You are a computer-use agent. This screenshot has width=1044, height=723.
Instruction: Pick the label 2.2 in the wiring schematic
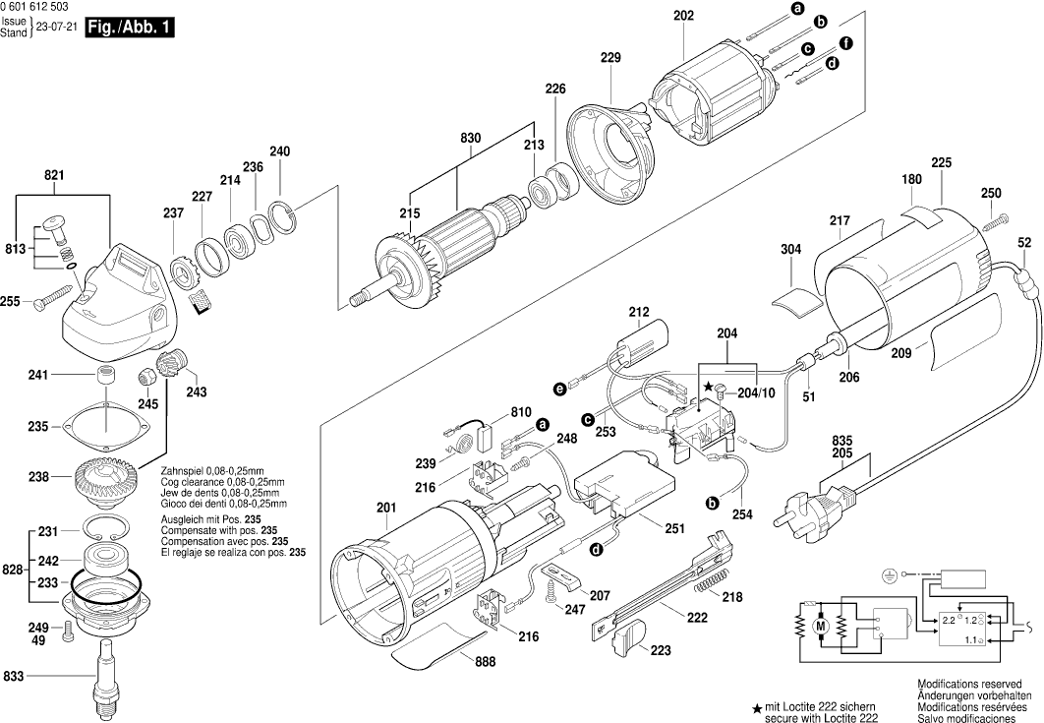950,622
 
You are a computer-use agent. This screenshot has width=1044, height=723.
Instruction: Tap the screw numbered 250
1000,219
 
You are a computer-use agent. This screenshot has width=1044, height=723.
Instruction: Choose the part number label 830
471,138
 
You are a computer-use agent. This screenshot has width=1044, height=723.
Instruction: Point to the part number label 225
941,162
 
